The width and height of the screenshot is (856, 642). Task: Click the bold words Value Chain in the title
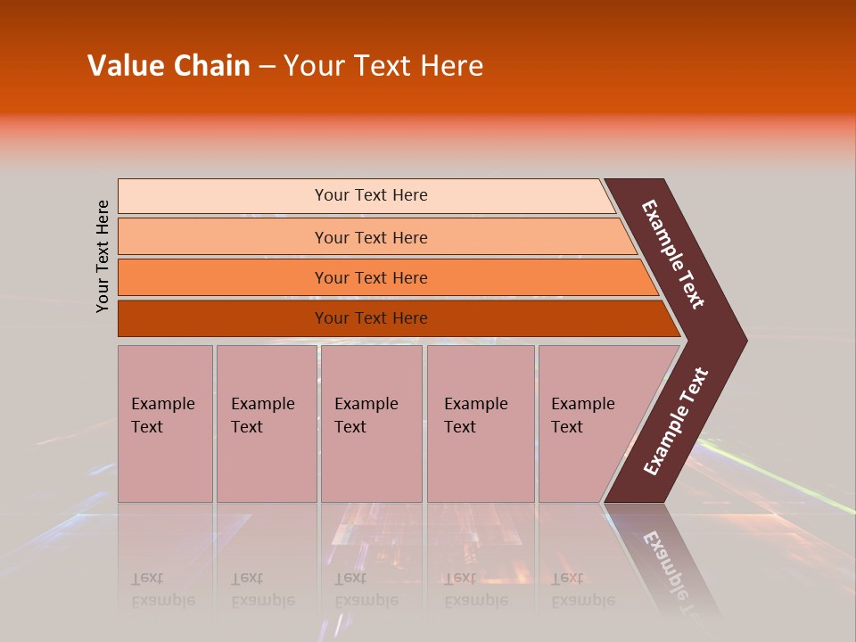click(169, 66)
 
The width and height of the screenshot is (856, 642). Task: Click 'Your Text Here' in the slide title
click(383, 66)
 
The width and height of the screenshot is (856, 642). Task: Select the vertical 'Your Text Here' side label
click(103, 256)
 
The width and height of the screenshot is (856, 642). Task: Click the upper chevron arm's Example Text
click(673, 254)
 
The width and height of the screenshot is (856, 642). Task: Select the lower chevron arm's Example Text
click(676, 422)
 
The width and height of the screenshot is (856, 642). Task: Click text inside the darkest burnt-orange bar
click(371, 318)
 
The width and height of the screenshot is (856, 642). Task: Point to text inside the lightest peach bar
click(371, 195)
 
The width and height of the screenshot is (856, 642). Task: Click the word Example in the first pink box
click(162, 404)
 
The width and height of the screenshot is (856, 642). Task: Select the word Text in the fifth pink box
click(566, 427)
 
